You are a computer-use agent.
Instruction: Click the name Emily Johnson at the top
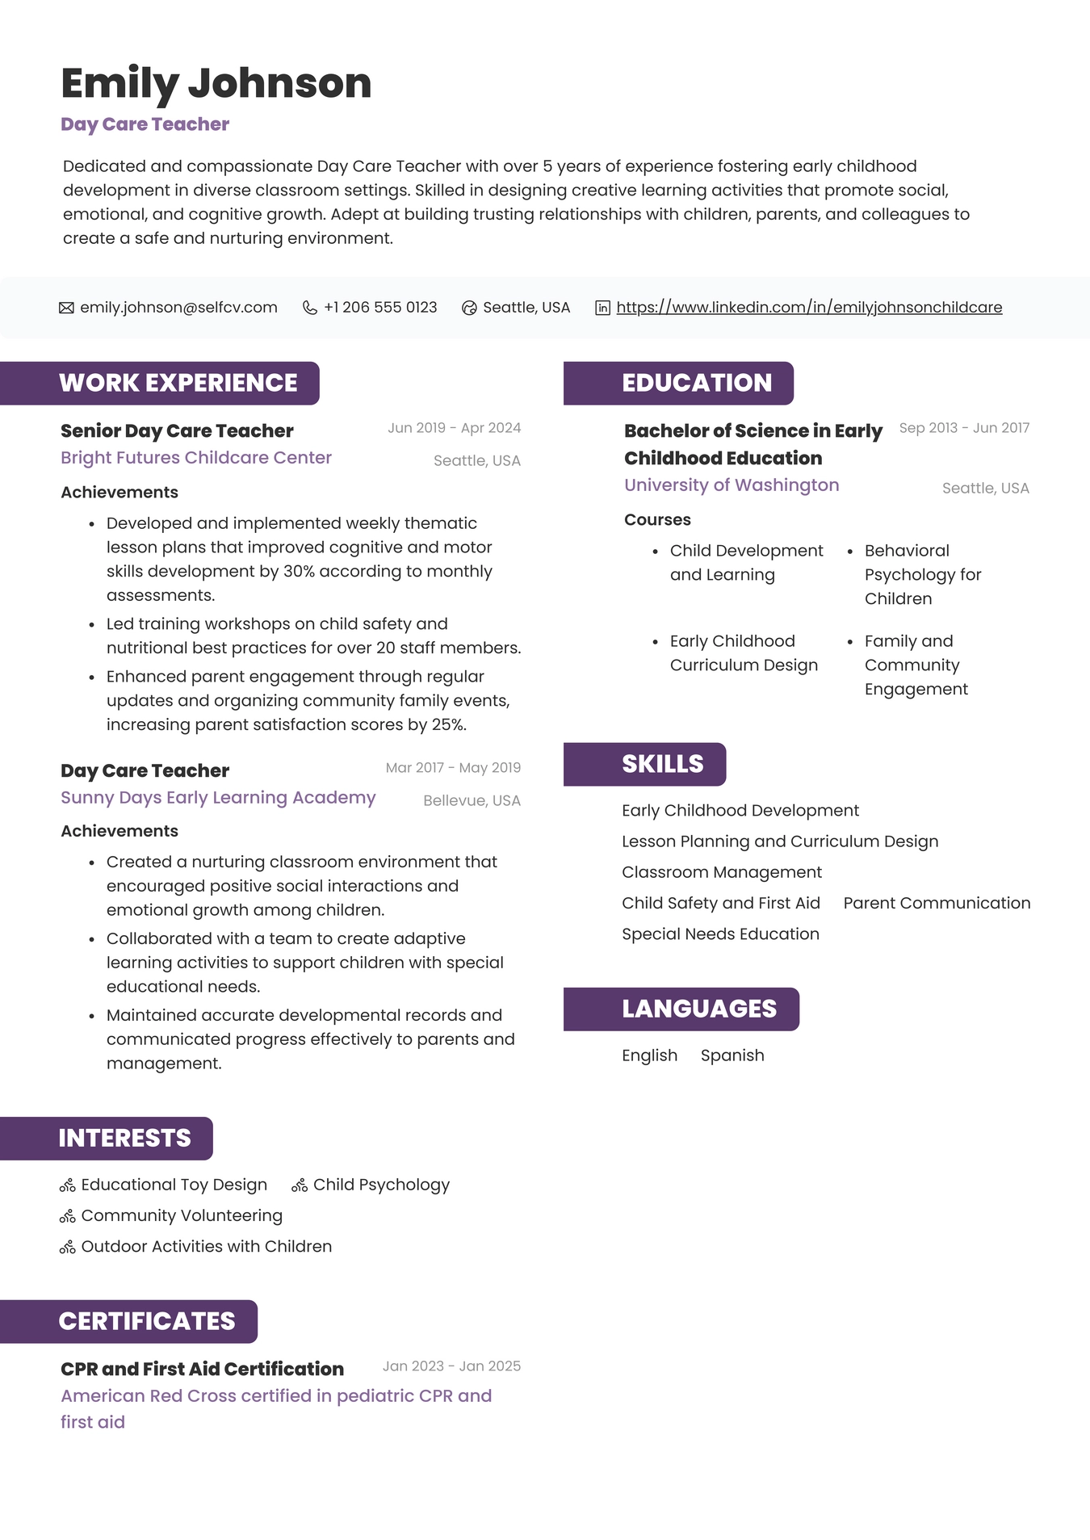(x=216, y=84)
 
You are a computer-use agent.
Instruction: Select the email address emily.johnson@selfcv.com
(x=178, y=308)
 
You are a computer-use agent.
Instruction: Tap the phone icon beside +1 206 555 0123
(x=309, y=308)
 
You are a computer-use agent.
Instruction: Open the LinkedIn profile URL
(x=809, y=308)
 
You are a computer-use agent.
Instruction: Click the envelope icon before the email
(x=66, y=308)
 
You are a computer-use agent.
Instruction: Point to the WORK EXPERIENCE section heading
(x=178, y=383)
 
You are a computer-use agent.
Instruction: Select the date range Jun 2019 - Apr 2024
(x=454, y=428)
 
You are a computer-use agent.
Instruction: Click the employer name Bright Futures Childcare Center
(x=196, y=458)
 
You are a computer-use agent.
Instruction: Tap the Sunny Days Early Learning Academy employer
(x=218, y=798)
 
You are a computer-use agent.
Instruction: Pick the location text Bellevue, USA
(x=472, y=801)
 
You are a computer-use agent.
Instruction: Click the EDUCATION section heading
(x=696, y=383)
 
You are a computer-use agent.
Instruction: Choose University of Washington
(x=732, y=485)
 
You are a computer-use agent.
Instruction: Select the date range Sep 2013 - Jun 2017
(x=964, y=428)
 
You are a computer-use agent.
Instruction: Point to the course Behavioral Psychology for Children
(x=922, y=575)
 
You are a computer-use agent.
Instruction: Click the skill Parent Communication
(x=937, y=904)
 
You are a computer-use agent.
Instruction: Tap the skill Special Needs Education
(x=720, y=934)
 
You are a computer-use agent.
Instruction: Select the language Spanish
(x=732, y=1055)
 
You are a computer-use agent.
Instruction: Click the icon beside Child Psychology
(x=300, y=1185)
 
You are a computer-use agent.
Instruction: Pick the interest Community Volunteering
(x=182, y=1216)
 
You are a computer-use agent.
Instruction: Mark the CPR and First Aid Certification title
(x=202, y=1370)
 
